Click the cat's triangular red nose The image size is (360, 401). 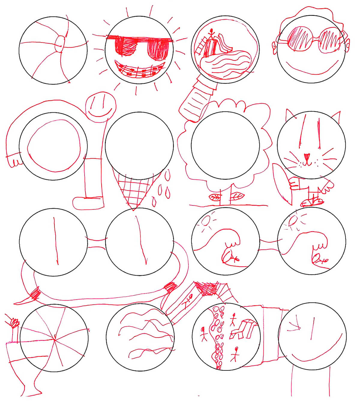[307, 156]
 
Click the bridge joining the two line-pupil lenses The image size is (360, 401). [96, 242]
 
